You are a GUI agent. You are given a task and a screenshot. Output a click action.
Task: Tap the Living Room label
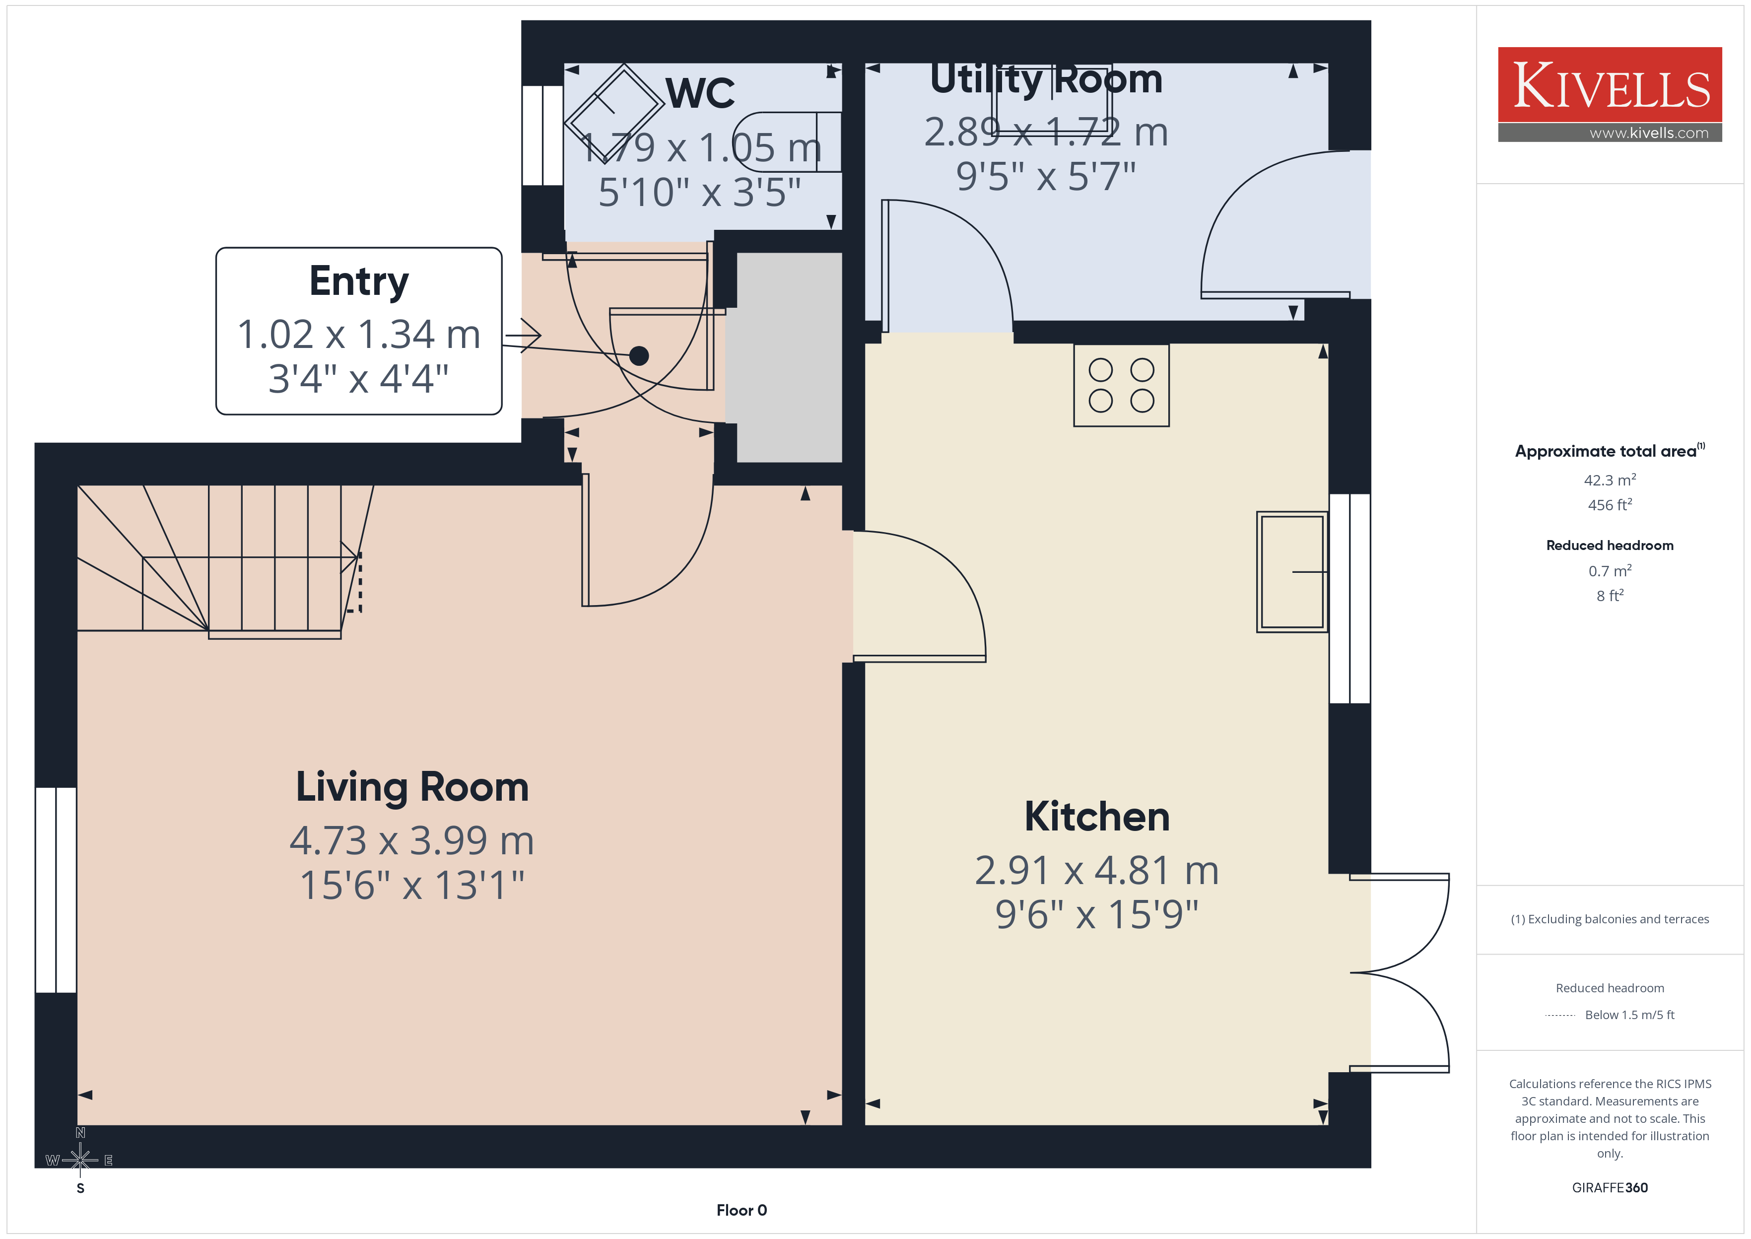[x=412, y=787]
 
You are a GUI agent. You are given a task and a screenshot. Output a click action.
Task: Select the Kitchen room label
[x=1097, y=817]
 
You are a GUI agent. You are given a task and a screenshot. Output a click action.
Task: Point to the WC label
[x=700, y=93]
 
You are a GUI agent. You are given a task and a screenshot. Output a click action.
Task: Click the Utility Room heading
[x=1046, y=79]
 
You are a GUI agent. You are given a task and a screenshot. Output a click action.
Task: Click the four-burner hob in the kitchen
[x=1121, y=385]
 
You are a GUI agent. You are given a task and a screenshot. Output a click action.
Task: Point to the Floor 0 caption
[x=741, y=1210]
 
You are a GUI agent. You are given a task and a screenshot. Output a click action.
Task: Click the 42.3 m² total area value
[x=1609, y=480]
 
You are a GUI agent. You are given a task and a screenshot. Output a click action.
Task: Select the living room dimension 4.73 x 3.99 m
[x=412, y=841]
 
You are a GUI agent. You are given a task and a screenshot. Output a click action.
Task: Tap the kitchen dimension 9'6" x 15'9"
[x=1097, y=914]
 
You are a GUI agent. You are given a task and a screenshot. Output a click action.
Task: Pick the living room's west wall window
[x=56, y=890]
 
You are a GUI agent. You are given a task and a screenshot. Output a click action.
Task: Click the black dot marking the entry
[x=639, y=355]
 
